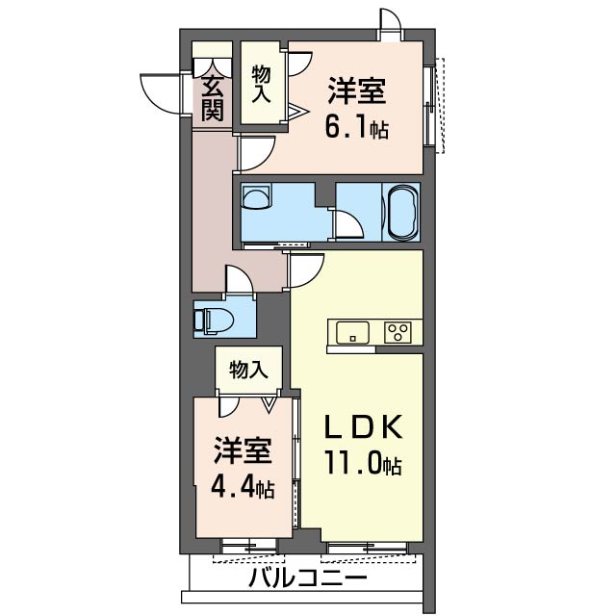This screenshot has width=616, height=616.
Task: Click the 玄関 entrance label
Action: tap(213, 98)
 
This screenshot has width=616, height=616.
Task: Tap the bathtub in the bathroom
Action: tap(402, 212)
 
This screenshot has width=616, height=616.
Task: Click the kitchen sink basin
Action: tap(353, 332)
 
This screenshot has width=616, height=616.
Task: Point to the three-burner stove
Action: tap(398, 332)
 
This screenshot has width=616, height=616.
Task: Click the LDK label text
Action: tap(363, 426)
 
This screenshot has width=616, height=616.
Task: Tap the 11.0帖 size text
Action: tap(362, 464)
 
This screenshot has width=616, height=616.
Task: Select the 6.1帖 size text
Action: tap(357, 128)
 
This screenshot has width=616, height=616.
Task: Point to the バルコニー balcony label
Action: tap(308, 577)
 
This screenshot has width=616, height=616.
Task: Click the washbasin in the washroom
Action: tap(256, 196)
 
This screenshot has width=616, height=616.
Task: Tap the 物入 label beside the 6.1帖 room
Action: tap(261, 85)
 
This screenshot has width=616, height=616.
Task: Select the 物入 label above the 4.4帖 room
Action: tap(248, 370)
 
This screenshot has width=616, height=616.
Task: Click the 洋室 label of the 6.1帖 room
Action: tap(357, 91)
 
